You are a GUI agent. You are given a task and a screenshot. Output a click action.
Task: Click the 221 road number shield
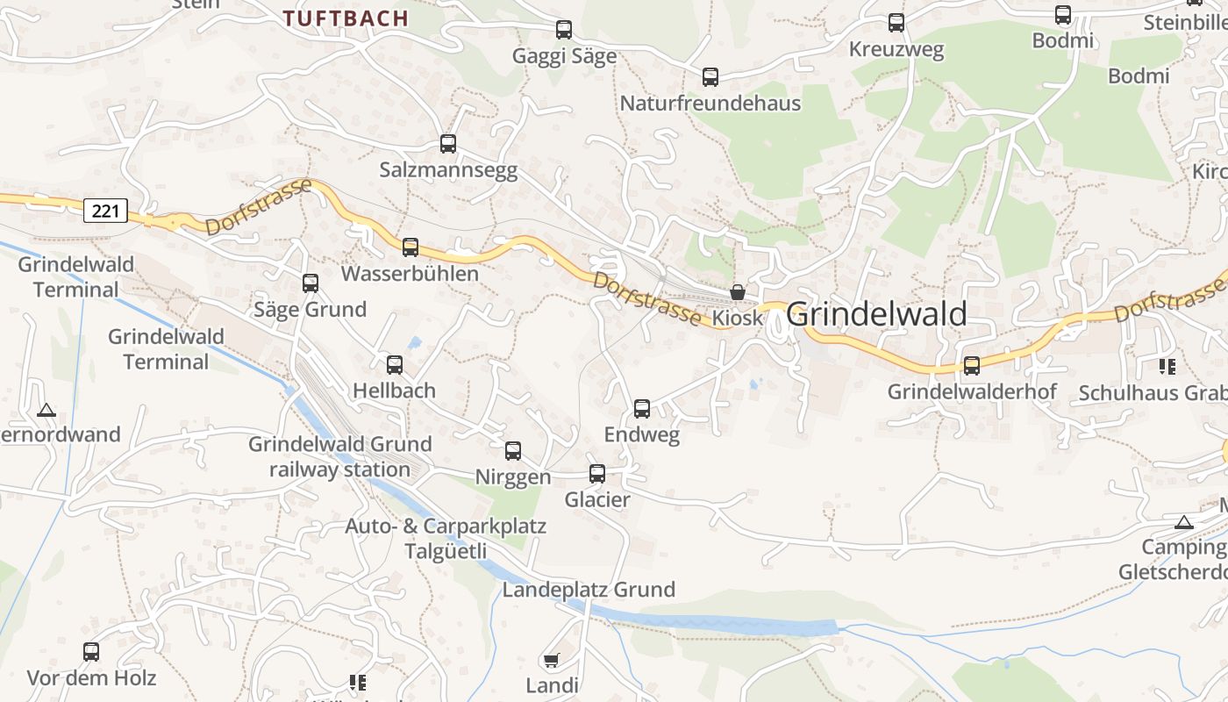point(106,211)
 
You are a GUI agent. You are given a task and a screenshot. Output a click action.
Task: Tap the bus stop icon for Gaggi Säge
point(564,30)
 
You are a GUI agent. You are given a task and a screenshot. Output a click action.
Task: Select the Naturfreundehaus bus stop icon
point(710,77)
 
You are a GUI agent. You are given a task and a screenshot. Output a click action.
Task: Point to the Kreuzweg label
point(896,50)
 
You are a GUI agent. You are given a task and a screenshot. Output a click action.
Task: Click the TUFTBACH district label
point(346,18)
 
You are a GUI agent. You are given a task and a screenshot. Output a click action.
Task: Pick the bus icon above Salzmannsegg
point(448,144)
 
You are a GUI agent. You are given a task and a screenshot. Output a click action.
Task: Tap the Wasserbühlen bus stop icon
point(411,247)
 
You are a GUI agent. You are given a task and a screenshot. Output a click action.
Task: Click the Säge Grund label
point(310,310)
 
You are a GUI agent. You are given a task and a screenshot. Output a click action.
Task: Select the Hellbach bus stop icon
point(395,365)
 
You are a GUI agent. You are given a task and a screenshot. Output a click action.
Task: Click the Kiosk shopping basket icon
point(738,291)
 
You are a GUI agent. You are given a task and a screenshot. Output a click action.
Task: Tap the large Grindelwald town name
point(876,314)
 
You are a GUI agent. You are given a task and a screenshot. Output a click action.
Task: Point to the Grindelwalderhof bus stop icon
point(972,366)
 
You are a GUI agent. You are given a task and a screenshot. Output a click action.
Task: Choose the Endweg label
point(642,435)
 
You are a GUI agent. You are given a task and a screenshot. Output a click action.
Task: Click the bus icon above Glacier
point(597,474)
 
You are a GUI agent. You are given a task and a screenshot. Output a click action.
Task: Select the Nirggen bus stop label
point(513,477)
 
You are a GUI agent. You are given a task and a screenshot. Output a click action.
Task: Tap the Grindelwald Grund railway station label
point(340,456)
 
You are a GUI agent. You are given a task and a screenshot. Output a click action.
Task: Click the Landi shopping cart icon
point(552,660)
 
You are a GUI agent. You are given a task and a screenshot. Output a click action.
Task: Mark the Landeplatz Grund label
point(589,590)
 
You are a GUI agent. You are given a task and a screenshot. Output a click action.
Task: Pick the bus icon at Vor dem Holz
point(91,652)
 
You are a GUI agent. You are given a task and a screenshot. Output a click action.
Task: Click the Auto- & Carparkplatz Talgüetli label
point(446,539)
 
